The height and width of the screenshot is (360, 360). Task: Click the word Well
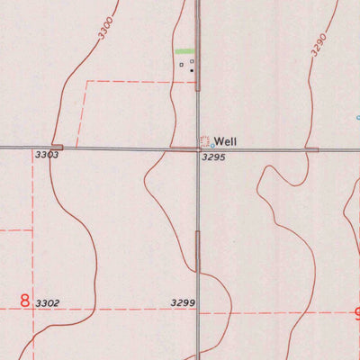click(x=226, y=141)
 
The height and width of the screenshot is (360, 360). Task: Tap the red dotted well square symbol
click(x=204, y=140)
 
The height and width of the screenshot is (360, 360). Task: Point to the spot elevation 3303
click(x=47, y=156)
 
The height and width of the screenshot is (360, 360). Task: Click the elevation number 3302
click(x=47, y=303)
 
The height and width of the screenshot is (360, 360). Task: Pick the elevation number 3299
click(x=183, y=303)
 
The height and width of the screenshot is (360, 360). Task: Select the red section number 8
click(x=24, y=301)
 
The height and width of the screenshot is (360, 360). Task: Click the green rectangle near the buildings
click(x=184, y=51)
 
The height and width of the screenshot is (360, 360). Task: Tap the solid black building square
click(x=192, y=69)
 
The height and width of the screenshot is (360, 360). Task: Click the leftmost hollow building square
click(x=182, y=64)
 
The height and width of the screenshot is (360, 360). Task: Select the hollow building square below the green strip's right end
click(x=192, y=62)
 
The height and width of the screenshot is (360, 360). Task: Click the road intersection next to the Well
click(x=198, y=148)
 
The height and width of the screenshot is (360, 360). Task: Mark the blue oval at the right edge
click(x=357, y=117)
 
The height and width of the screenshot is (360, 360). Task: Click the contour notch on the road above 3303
click(x=57, y=147)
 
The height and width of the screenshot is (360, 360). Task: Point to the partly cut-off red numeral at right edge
click(x=355, y=315)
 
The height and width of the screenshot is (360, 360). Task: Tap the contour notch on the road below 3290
click(x=311, y=148)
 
